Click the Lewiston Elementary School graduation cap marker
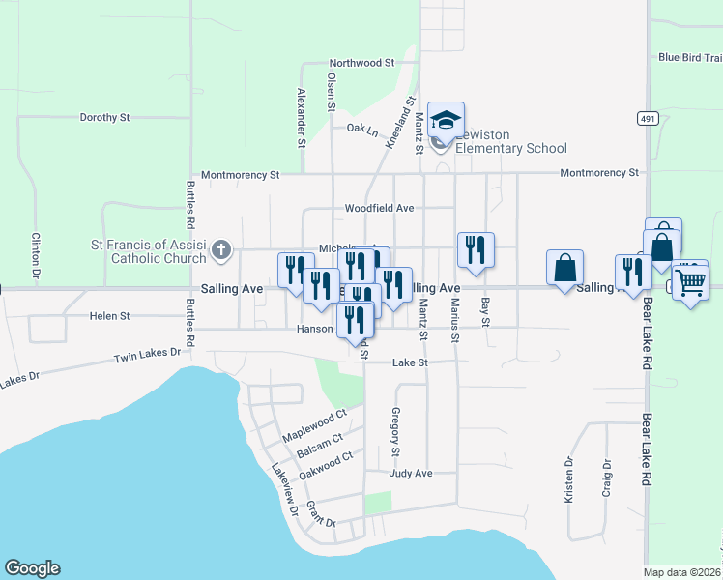click(447, 121)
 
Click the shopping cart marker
click(690, 281)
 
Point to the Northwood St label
click(362, 62)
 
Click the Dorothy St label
click(104, 117)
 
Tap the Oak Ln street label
click(362, 127)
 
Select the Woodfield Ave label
click(379, 208)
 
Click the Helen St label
click(109, 316)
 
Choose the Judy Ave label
click(410, 474)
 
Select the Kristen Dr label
click(569, 480)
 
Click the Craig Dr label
click(607, 477)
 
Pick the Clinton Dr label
click(35, 256)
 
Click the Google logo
click(32, 568)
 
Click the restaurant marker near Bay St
click(476, 250)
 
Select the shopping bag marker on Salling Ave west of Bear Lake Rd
click(564, 267)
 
